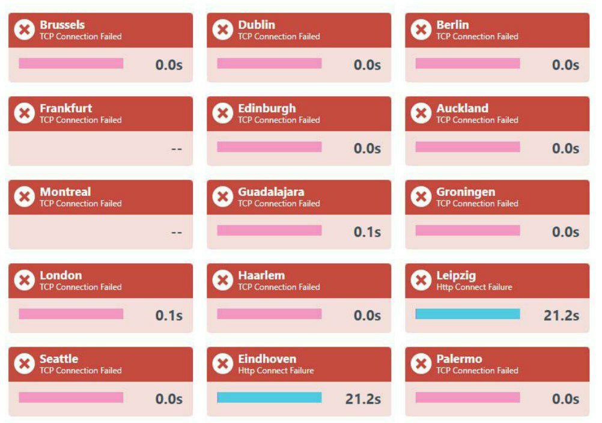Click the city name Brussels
pyautogui.click(x=62, y=25)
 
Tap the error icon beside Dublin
pyautogui.click(x=222, y=29)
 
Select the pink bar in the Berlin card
pyautogui.click(x=467, y=64)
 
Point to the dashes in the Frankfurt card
pyautogui.click(x=176, y=148)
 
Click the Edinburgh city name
pyautogui.click(x=267, y=109)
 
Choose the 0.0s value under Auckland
pyautogui.click(x=565, y=148)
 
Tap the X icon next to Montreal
pyautogui.click(x=24, y=196)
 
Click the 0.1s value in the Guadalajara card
pyautogui.click(x=367, y=232)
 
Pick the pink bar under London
pyautogui.click(x=71, y=314)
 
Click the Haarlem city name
pyautogui.click(x=261, y=276)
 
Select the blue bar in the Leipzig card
pyautogui.click(x=467, y=314)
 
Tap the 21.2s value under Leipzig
pyautogui.click(x=561, y=315)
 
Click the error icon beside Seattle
pyautogui.click(x=24, y=364)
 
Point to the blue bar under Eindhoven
pyautogui.click(x=269, y=398)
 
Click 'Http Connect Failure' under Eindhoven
pyautogui.click(x=276, y=371)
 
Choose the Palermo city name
pyautogui.click(x=459, y=359)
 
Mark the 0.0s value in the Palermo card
pyautogui.click(x=565, y=399)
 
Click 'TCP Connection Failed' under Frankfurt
pyautogui.click(x=81, y=120)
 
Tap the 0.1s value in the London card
pyautogui.click(x=169, y=315)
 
